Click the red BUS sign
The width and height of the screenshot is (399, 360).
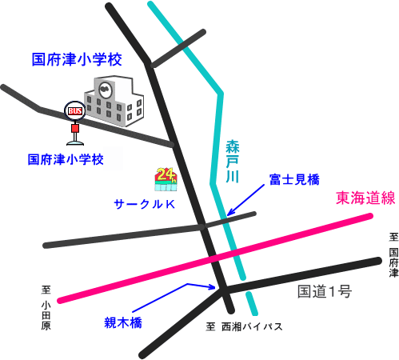(75, 111)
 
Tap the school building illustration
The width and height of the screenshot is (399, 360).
(114, 101)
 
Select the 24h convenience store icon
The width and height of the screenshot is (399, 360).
(166, 179)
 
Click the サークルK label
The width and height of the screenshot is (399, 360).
(144, 204)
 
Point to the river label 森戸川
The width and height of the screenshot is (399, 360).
(232, 161)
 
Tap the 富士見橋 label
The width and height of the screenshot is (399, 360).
(294, 179)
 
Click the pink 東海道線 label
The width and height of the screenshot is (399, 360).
(365, 198)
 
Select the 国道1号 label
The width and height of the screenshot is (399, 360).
(325, 291)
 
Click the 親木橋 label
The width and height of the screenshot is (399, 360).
(123, 322)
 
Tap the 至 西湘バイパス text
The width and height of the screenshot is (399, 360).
(244, 326)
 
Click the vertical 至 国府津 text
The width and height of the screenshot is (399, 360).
(393, 255)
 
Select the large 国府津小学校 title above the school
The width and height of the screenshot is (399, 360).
(77, 59)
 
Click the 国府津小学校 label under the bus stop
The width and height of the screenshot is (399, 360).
(66, 159)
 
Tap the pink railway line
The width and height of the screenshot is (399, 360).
(215, 258)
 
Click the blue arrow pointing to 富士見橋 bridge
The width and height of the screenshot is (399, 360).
(245, 199)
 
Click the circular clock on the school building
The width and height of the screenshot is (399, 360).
(105, 89)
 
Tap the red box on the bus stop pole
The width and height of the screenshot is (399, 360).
(75, 128)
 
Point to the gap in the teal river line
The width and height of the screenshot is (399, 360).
(245, 286)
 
